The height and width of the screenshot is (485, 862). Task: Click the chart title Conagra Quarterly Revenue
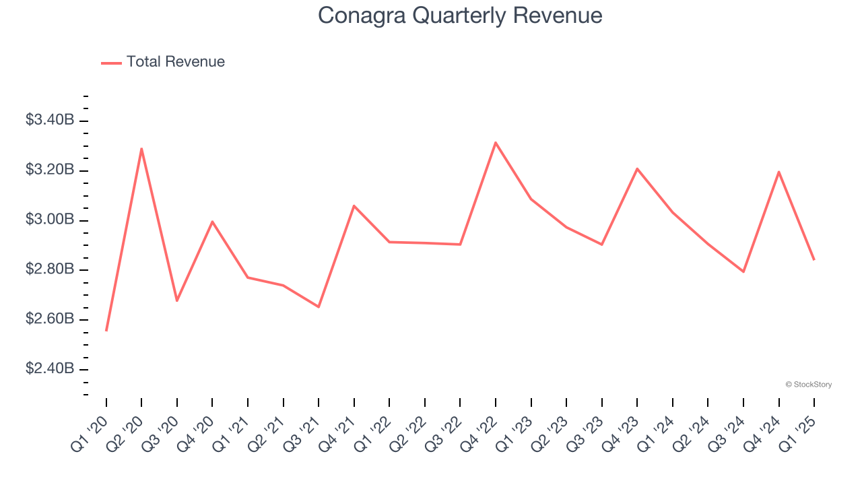coord(460,15)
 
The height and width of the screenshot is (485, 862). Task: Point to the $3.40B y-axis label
coord(50,120)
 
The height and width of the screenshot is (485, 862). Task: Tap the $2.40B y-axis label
coord(50,368)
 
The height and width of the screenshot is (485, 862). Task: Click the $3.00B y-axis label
coord(50,220)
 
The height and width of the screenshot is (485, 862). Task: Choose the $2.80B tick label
coord(50,269)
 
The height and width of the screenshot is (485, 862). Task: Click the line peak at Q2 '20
coord(141,148)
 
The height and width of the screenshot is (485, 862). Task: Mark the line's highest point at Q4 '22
coord(496,142)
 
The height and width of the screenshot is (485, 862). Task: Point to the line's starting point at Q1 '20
coord(106,331)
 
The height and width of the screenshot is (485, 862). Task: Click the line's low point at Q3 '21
coord(319,306)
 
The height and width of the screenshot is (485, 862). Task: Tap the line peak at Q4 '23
coord(637,168)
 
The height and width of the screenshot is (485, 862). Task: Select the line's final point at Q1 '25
coord(814,259)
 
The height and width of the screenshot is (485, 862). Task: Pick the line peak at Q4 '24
coord(778,172)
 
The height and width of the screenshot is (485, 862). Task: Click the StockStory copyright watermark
coord(808,385)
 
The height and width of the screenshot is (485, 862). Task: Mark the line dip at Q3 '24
coord(743,271)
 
